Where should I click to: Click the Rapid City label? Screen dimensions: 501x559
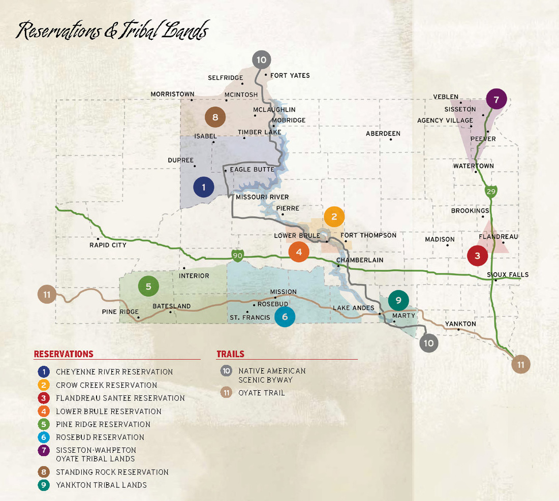click(108, 245)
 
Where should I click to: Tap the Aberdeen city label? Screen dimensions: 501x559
click(383, 134)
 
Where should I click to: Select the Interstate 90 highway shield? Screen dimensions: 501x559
click(237, 255)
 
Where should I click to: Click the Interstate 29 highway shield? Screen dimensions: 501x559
click(490, 192)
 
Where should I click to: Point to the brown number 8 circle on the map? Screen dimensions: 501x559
click(215, 118)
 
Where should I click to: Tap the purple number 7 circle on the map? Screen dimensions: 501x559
click(496, 99)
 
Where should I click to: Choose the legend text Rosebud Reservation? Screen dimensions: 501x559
click(100, 437)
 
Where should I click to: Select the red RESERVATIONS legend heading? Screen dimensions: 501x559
click(64, 354)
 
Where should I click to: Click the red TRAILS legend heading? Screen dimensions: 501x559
click(230, 354)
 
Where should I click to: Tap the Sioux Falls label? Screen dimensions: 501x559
click(508, 275)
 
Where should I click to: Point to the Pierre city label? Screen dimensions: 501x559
click(288, 208)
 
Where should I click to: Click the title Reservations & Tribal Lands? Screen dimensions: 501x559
click(112, 31)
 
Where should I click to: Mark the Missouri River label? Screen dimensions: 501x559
click(262, 197)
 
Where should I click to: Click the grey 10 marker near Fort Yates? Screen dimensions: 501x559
click(261, 60)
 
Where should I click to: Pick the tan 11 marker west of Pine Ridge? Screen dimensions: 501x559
click(47, 294)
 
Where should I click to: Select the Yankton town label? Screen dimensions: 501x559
click(460, 324)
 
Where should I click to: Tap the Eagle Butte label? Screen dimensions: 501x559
click(252, 169)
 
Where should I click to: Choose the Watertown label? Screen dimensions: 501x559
click(474, 166)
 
